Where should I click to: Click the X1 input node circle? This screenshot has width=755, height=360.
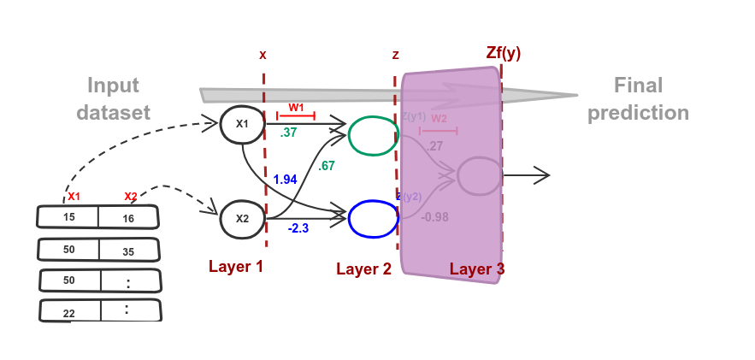click(x=242, y=124)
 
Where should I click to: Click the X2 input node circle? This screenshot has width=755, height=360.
click(x=242, y=218)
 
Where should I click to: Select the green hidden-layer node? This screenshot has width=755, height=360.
click(x=373, y=136)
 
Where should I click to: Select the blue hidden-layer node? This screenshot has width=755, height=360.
click(x=373, y=218)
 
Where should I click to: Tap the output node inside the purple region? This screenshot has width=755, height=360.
click(x=479, y=175)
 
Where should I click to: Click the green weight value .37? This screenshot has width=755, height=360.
click(x=288, y=133)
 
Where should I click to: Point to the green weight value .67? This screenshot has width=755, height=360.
click(x=327, y=166)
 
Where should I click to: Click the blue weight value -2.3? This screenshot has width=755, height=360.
click(x=298, y=228)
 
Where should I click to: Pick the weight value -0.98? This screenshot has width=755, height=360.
click(x=435, y=217)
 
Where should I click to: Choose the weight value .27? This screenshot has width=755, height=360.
click(x=435, y=146)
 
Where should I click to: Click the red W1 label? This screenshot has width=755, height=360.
click(x=296, y=108)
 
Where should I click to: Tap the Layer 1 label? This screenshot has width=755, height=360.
click(x=236, y=266)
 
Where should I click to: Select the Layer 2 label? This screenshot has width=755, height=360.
click(x=363, y=269)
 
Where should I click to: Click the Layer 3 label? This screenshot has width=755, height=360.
click(x=476, y=269)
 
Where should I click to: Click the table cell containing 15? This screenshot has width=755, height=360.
click(x=68, y=217)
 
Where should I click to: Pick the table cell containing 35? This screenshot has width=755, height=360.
click(x=128, y=251)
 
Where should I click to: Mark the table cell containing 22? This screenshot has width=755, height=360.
click(x=69, y=313)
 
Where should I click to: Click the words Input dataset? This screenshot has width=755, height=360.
click(x=113, y=99)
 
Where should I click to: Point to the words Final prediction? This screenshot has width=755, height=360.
click(x=638, y=99)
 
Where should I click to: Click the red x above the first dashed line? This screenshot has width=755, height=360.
click(x=262, y=55)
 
